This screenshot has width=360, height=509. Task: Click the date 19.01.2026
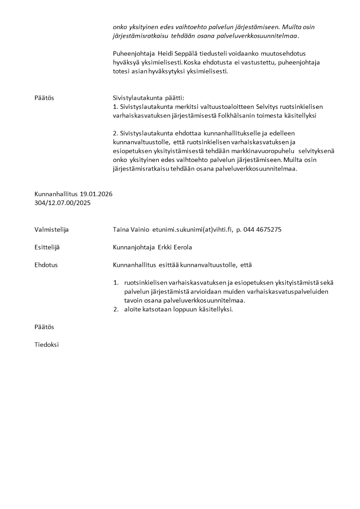(96, 194)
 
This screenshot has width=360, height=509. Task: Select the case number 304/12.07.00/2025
(63, 203)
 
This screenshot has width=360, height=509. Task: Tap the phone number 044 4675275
(263, 230)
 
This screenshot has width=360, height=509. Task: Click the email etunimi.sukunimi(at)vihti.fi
(192, 230)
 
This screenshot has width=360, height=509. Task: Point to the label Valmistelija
(51, 230)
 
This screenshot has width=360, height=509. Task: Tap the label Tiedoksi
(47, 345)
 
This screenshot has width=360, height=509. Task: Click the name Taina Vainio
(131, 230)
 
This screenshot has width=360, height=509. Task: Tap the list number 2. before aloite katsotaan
(116, 309)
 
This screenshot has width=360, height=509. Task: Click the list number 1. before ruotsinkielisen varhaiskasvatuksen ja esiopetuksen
(116, 283)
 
